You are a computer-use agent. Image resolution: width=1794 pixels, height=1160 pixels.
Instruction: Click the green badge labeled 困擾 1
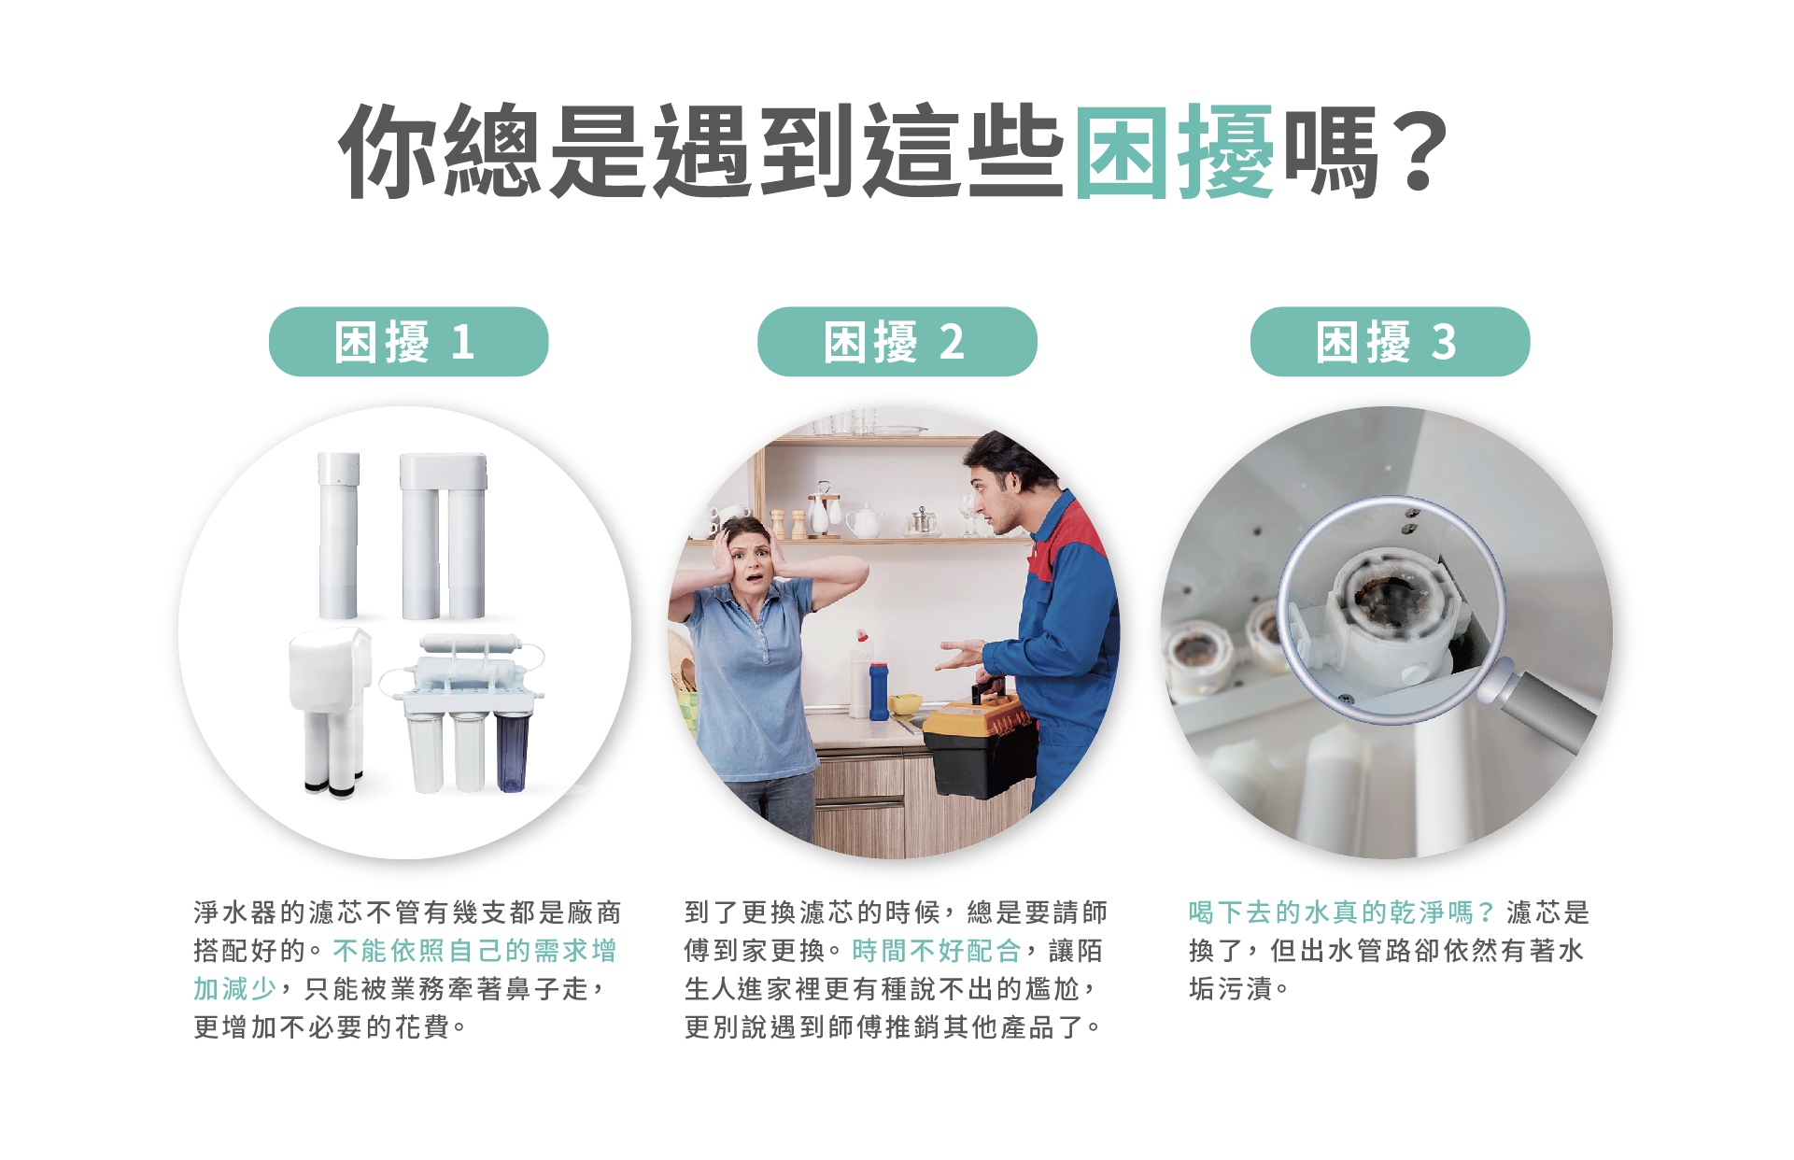408,342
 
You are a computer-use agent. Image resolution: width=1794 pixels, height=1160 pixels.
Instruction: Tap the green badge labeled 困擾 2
897,342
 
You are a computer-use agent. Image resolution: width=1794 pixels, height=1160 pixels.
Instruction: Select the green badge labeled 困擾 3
1390,342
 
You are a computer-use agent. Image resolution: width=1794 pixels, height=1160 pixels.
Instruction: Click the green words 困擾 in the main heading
1175,151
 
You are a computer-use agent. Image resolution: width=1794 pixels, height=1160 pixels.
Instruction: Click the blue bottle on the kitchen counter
879,691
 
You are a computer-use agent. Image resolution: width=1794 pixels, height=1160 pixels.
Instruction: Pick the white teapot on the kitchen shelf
864,521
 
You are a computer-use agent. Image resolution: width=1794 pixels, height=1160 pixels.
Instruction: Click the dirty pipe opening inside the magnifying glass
1386,598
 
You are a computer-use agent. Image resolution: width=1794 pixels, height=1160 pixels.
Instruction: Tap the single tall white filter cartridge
338,536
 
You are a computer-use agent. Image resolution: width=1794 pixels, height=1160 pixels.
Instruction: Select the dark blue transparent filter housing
511,753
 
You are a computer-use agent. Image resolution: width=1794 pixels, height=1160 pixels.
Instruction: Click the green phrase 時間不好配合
937,951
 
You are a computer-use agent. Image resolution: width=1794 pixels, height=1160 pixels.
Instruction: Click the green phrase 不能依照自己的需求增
474,951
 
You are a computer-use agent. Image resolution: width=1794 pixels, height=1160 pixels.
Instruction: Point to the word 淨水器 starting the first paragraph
236,912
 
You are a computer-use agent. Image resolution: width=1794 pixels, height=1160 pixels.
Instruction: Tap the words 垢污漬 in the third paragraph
1231,989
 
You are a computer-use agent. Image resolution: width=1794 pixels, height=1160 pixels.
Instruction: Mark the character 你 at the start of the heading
388,151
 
